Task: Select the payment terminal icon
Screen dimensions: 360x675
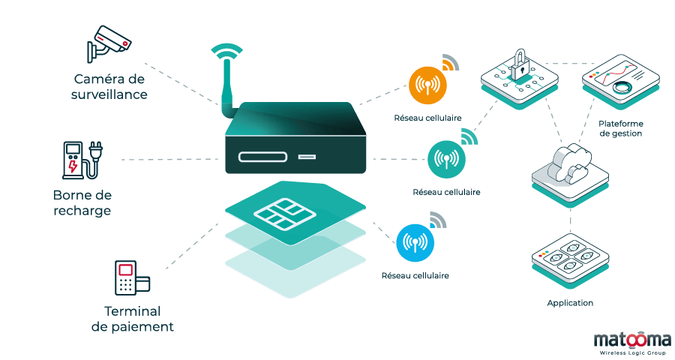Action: (130, 280)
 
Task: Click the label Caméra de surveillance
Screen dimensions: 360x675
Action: (109, 87)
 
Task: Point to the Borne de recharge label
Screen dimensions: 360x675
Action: (82, 202)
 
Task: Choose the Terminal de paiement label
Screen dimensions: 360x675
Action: (132, 319)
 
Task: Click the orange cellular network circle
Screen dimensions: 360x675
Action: (427, 85)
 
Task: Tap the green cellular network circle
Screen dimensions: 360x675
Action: (446, 159)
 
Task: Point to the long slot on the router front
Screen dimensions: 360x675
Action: (262, 157)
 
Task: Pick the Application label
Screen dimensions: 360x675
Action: (570, 303)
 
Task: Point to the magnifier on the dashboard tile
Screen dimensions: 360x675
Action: (621, 87)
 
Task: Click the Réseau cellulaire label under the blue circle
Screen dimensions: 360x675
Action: (415, 275)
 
